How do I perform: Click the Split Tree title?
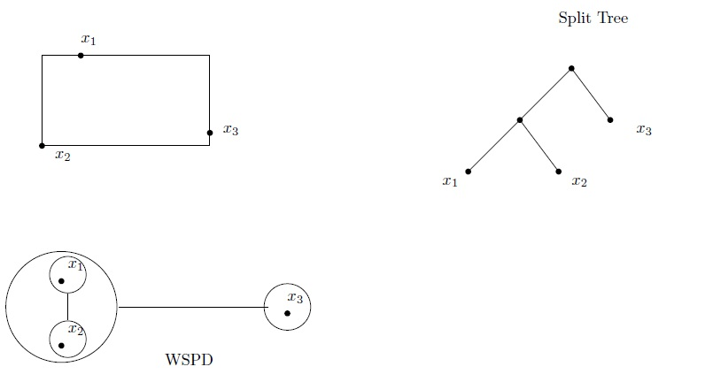pos(593,18)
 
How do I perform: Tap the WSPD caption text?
pos(189,360)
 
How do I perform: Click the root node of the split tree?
pos(571,68)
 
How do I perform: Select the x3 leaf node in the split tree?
pos(610,119)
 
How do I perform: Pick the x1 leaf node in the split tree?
pos(468,172)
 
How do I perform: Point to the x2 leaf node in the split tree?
pos(558,172)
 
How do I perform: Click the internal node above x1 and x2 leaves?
pos(520,119)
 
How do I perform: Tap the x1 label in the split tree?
pos(450,182)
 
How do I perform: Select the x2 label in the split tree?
pos(579,182)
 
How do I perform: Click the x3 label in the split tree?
pos(644,131)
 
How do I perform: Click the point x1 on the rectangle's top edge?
pos(81,56)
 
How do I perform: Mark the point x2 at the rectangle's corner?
pos(42,145)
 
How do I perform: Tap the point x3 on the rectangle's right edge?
pos(210,133)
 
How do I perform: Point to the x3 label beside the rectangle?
pos(230,131)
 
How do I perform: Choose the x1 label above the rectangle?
pos(88,39)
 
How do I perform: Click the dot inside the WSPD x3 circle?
pos(287,313)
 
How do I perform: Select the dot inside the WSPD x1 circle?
pos(61,281)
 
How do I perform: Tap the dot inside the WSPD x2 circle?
pos(61,346)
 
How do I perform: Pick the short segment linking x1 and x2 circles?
pos(67,308)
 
